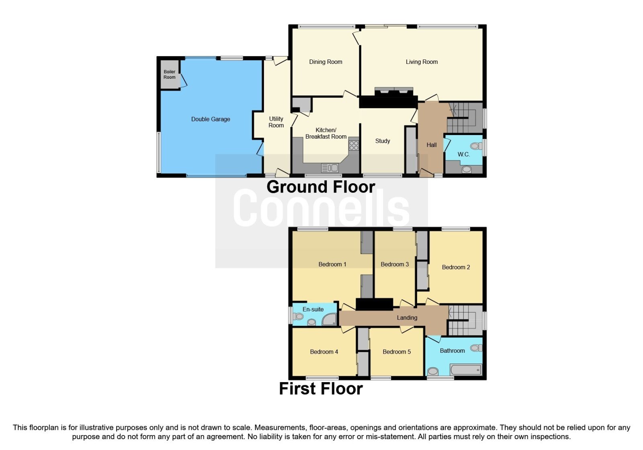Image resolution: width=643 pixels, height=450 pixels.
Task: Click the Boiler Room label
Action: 169,74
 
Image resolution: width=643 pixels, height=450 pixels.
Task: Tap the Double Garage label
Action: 211,119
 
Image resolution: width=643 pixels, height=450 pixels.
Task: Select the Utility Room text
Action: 276,122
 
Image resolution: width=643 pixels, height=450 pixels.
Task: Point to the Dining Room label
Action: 326,62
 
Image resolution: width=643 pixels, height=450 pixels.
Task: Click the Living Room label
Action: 422,62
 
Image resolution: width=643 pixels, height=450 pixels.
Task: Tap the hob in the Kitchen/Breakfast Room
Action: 354,145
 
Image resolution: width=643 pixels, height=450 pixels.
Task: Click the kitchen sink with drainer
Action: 330,168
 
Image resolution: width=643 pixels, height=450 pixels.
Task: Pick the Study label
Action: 383,141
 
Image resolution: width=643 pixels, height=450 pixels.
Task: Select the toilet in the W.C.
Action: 477,146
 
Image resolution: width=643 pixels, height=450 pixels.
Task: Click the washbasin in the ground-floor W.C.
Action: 467,170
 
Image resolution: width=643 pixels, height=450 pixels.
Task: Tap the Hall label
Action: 432,145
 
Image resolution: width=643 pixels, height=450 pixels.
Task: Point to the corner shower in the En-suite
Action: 329,319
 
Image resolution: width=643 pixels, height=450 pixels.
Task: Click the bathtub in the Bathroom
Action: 466,370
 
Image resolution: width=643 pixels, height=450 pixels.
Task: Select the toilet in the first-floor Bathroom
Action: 476,348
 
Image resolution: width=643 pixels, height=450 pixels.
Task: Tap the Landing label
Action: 407,317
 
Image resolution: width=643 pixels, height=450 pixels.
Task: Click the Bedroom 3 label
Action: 395,264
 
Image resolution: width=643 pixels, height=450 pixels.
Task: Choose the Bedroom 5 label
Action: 397,352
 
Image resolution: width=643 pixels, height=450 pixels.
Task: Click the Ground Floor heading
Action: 321,187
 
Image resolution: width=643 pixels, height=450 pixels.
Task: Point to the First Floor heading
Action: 321,389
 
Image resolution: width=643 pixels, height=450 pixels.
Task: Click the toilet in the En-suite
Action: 298,317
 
